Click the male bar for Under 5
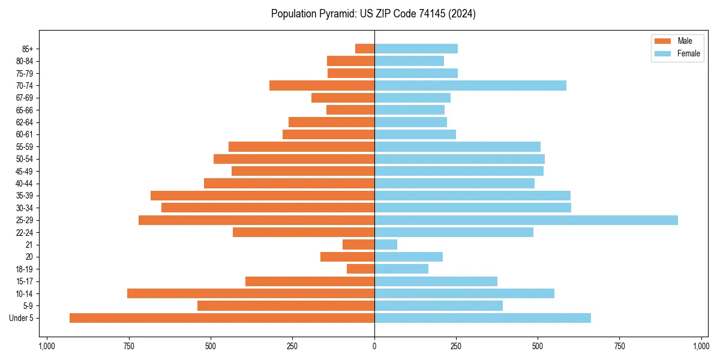(222, 318)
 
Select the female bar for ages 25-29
(526, 220)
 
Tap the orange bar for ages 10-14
(251, 293)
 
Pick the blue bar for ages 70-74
(470, 86)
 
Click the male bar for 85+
(365, 49)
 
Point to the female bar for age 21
(386, 245)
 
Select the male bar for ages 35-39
(262, 196)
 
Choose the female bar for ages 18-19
(401, 269)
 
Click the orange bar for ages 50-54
(294, 159)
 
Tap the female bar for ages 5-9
(439, 306)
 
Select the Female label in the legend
(688, 53)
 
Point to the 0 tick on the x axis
(374, 346)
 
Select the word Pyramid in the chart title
(336, 14)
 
